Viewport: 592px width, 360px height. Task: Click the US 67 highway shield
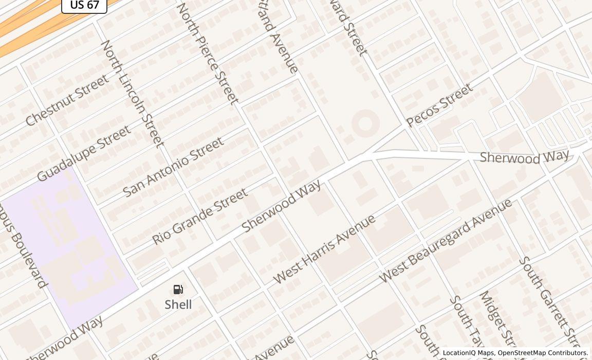pos(84,5)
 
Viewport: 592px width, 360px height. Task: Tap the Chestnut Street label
pos(67,100)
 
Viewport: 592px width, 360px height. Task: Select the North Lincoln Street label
pos(132,94)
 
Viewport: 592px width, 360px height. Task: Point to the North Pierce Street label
pos(208,53)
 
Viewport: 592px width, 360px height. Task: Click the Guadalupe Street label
pos(84,153)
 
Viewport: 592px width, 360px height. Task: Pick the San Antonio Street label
pos(174,166)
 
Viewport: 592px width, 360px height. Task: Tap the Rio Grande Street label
pos(200,216)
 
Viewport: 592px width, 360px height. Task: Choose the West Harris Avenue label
pos(324,249)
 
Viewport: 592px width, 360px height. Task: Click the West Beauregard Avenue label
pos(446,240)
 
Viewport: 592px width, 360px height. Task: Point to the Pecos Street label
pos(439,105)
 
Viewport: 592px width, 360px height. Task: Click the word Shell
pos(178,304)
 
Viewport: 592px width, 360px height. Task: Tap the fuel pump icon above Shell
pos(178,290)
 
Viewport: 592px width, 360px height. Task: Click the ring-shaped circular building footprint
pos(365,123)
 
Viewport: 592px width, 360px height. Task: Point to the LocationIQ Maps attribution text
pos(468,353)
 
